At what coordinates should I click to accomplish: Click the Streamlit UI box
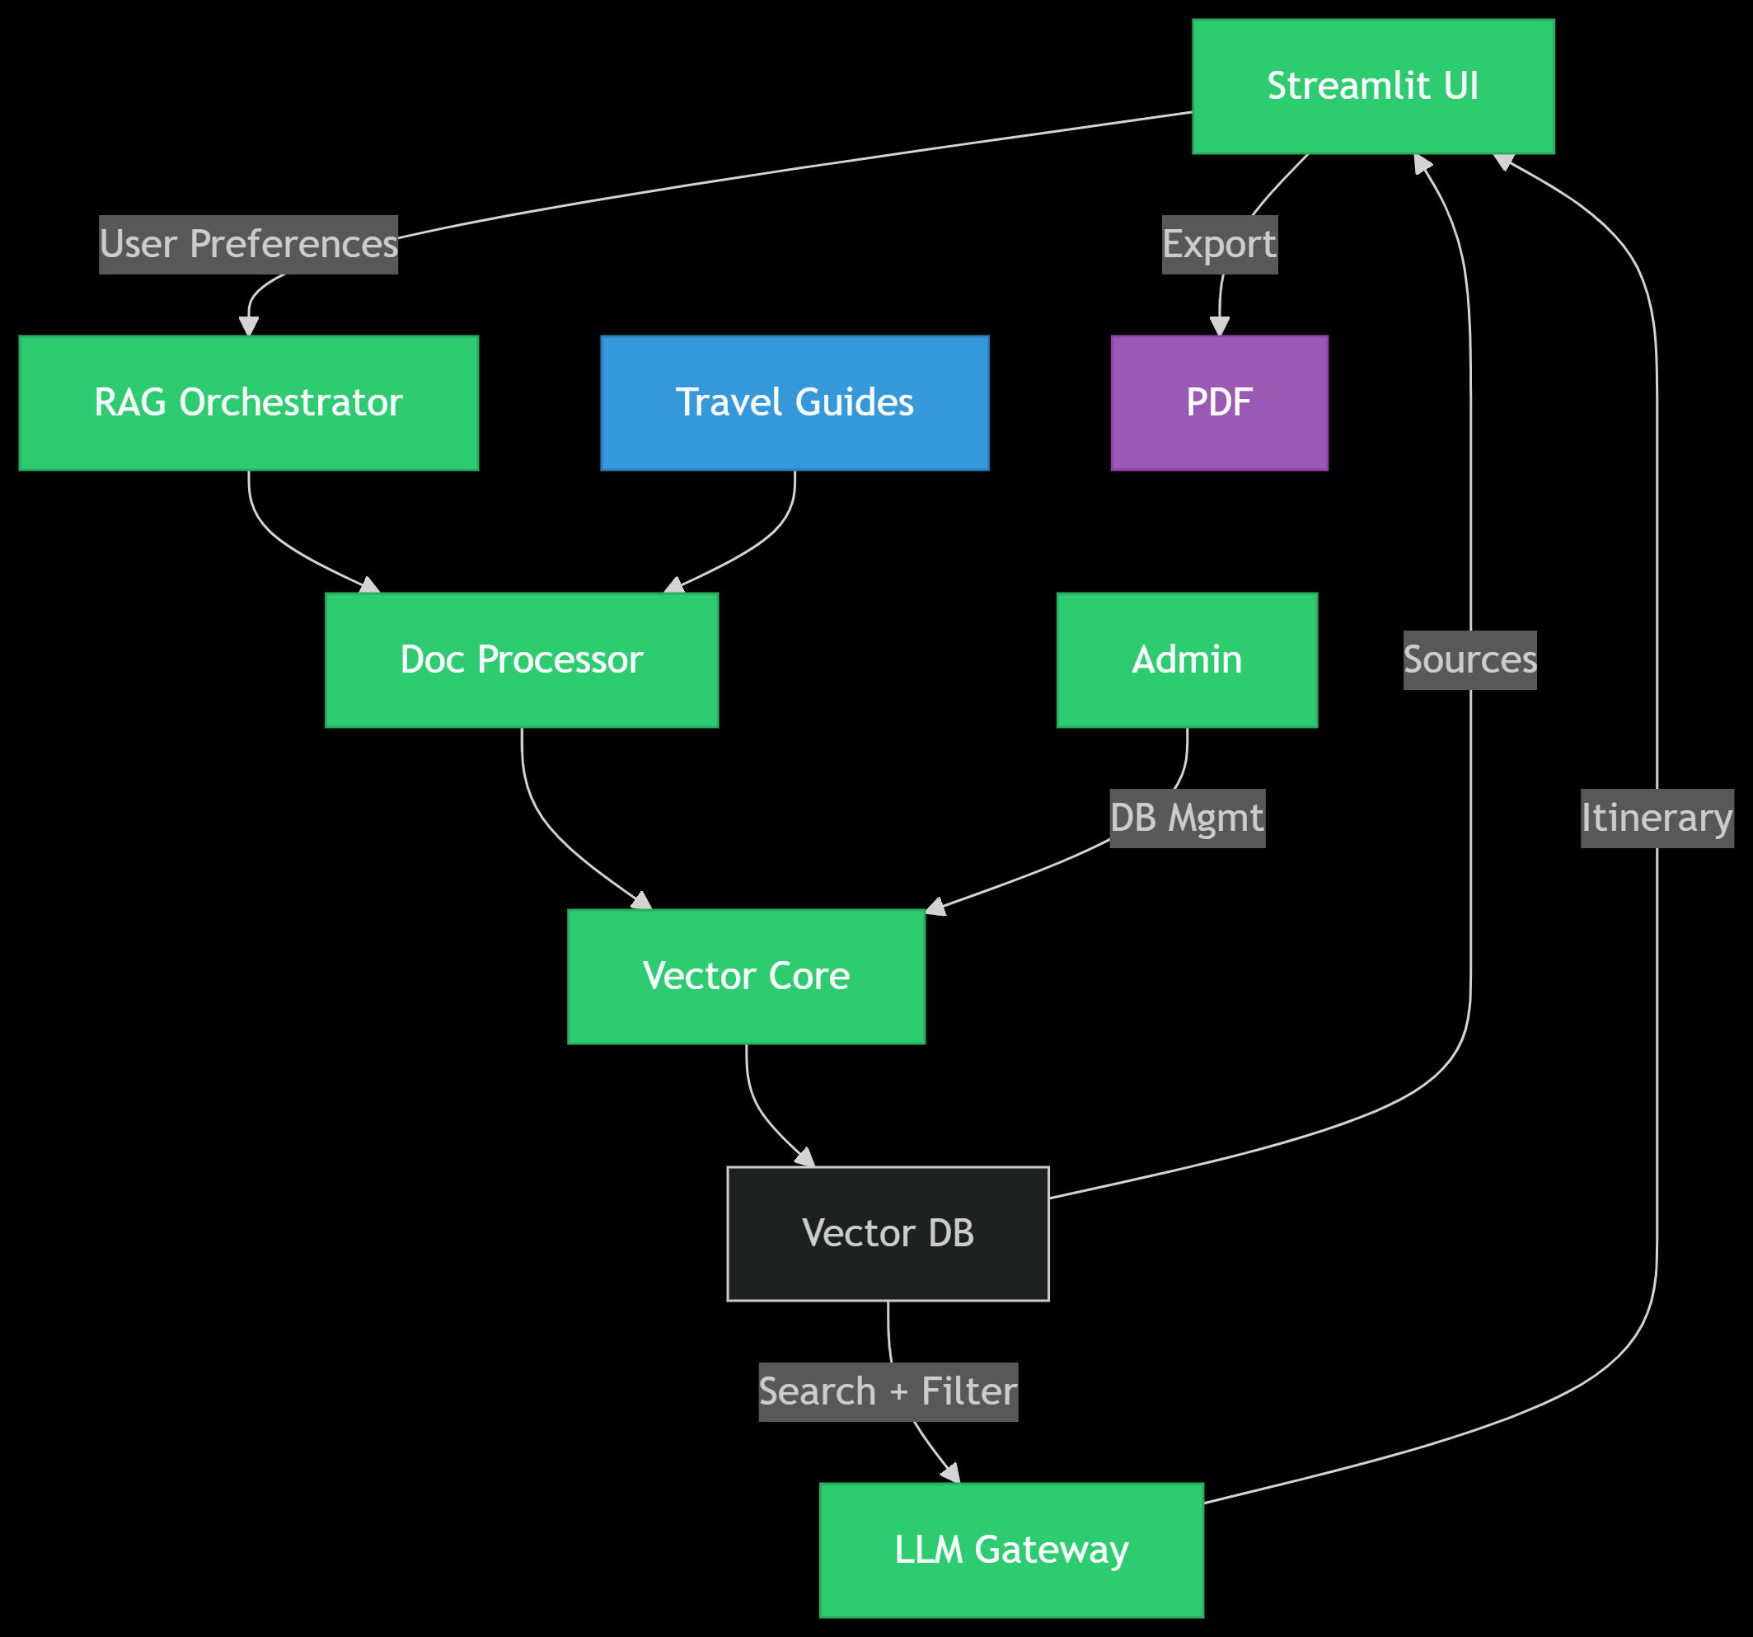[1372, 87]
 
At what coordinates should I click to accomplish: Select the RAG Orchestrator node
[248, 402]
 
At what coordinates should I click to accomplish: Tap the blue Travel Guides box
[794, 402]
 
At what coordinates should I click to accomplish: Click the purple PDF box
[1219, 402]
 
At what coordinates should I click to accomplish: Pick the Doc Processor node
[521, 659]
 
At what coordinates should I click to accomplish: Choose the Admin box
[1186, 659]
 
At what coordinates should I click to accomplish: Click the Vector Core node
[746, 977]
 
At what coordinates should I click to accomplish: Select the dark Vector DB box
[887, 1233]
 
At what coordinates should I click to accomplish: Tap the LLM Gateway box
[1010, 1550]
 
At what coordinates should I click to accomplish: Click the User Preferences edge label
[248, 244]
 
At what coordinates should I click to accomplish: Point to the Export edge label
[1219, 244]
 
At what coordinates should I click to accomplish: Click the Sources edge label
[1469, 659]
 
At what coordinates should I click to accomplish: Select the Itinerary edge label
[1656, 818]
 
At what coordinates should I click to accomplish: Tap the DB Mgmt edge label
[1186, 818]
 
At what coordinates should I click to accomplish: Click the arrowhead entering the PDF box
[1219, 327]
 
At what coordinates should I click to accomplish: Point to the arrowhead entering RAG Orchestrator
[249, 327]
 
